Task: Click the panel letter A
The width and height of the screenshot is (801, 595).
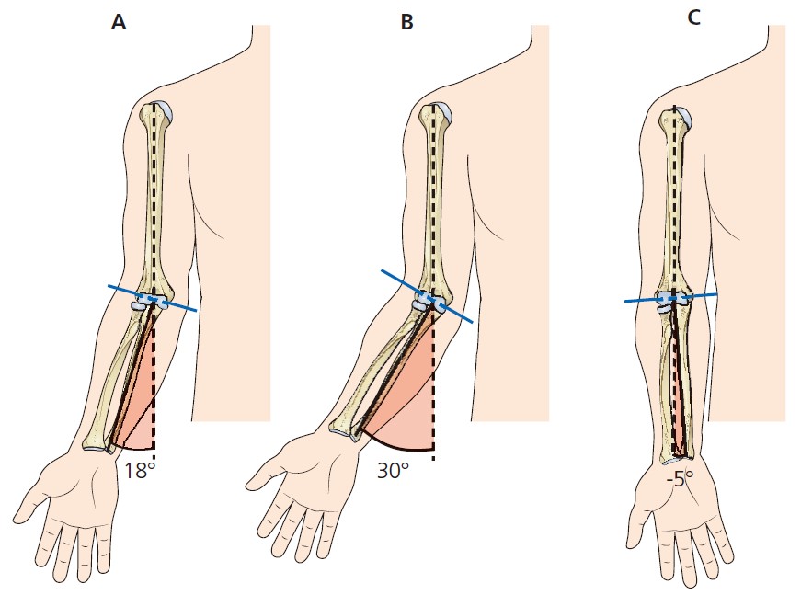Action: (118, 23)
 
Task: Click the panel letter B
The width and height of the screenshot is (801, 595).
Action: (407, 23)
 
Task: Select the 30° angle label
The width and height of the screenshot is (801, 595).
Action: (393, 471)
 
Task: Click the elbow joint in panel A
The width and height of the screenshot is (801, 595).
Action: (146, 304)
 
